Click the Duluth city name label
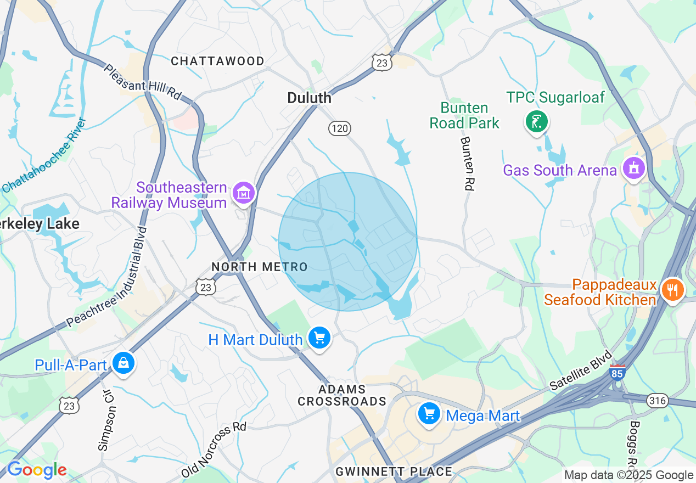point(310,98)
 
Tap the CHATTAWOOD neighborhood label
point(217,61)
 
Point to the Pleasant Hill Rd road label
point(142,82)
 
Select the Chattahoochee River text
point(44,155)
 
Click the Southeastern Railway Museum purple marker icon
point(243,193)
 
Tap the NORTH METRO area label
point(260,267)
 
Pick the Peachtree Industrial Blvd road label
point(104,277)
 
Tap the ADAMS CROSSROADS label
point(342,395)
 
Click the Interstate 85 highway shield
point(617,373)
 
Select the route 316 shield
point(656,400)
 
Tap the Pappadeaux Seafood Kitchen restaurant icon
point(672,289)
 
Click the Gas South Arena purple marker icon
point(633,168)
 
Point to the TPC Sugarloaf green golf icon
point(536,121)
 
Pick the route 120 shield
point(340,128)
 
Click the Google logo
point(36,470)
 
